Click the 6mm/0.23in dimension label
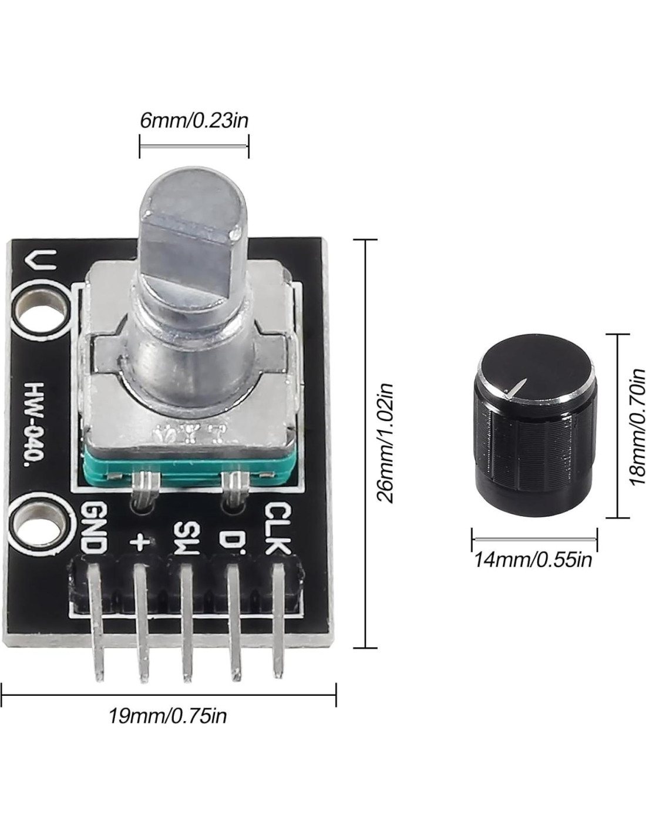coord(194,120)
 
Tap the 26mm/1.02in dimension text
coord(386,443)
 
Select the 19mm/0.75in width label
coord(168,716)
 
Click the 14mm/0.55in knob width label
coord(533,560)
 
